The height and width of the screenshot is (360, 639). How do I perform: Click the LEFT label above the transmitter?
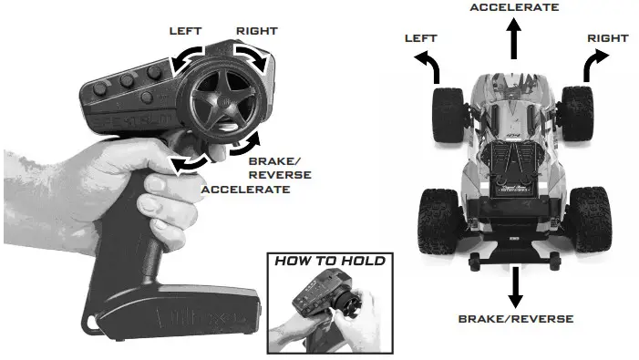185,31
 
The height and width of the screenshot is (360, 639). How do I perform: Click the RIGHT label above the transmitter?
256,31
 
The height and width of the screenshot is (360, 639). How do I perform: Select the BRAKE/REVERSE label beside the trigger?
280,168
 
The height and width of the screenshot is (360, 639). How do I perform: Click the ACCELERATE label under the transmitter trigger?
245,190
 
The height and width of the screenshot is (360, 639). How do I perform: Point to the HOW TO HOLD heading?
330,261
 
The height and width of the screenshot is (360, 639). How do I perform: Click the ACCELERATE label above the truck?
513,7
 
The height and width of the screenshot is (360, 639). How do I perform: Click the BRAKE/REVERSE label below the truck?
515,319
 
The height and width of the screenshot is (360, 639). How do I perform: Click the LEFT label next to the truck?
421,38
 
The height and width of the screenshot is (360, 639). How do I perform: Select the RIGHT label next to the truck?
607,38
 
